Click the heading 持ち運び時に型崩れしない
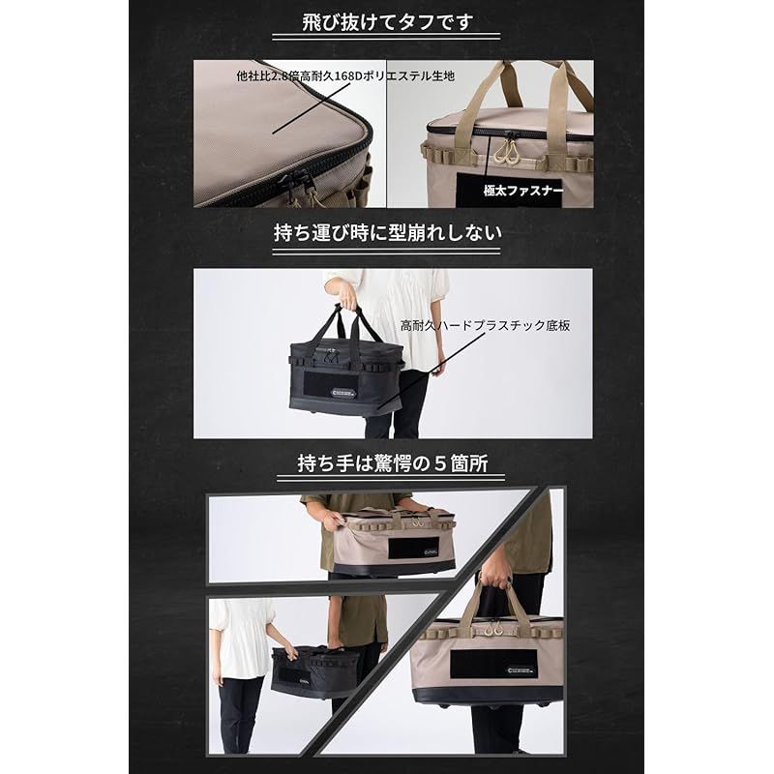(386, 233)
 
